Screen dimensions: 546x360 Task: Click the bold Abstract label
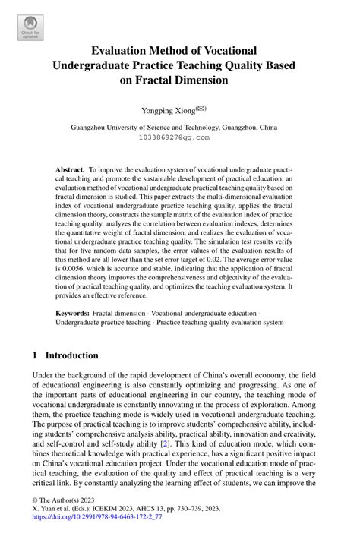pyautogui.click(x=71, y=171)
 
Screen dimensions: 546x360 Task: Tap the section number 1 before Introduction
pyautogui.click(x=35, y=355)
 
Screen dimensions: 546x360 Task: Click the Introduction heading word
pyautogui.click(x=72, y=355)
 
